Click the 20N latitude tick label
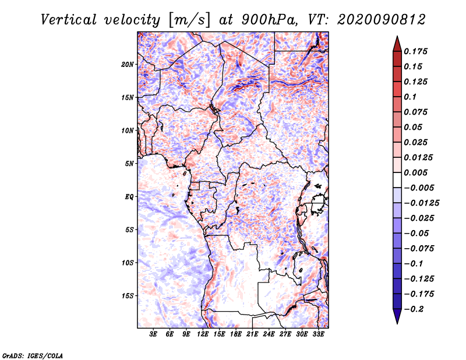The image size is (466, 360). pyautogui.click(x=127, y=65)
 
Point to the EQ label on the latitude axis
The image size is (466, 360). pyautogui.click(x=129, y=197)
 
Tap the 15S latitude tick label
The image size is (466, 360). pyautogui.click(x=127, y=296)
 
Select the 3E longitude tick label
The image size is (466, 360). pyautogui.click(x=153, y=334)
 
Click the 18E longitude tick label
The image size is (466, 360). pyautogui.click(x=236, y=334)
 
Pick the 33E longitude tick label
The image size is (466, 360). pyautogui.click(x=318, y=334)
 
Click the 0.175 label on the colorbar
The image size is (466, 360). pyautogui.click(x=415, y=51)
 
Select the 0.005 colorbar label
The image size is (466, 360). pyautogui.click(x=415, y=172)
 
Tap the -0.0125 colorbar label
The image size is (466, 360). pyautogui.click(x=422, y=203)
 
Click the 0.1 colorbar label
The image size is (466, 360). pyautogui.click(x=410, y=97)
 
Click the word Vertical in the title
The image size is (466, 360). pyautogui.click(x=69, y=20)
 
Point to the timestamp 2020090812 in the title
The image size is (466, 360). pyautogui.click(x=382, y=20)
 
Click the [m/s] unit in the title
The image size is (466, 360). pyautogui.click(x=189, y=20)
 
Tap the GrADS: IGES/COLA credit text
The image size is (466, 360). pyautogui.click(x=33, y=355)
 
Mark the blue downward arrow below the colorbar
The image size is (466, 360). pyautogui.click(x=397, y=316)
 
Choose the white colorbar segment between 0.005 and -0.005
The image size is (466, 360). pyautogui.click(x=397, y=180)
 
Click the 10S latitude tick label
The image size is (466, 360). pyautogui.click(x=127, y=263)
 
